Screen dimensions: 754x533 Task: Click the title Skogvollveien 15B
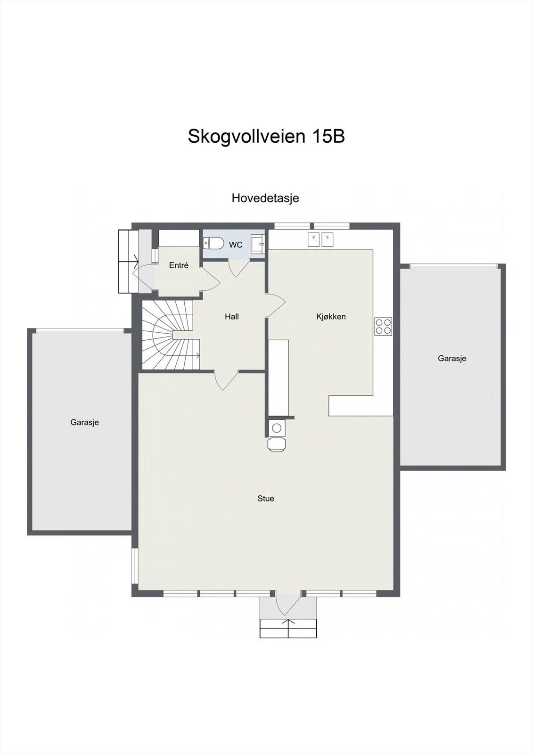tap(266, 137)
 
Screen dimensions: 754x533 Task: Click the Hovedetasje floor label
tap(265, 198)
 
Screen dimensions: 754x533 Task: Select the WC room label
tap(236, 245)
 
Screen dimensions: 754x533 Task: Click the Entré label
tap(179, 265)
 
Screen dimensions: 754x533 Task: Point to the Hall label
tap(231, 317)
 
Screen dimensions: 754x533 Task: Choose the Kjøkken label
tap(331, 317)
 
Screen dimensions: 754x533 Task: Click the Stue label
tap(265, 499)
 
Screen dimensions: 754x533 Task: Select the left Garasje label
tap(84, 423)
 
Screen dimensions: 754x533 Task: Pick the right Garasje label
tap(452, 359)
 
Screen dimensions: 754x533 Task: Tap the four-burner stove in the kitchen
tap(383, 326)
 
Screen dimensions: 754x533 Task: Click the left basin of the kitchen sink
tap(314, 239)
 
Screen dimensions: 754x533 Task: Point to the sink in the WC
tap(258, 244)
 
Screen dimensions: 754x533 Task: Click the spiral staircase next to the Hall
tap(170, 336)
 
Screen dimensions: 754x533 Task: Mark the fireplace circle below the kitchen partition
tap(276, 428)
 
